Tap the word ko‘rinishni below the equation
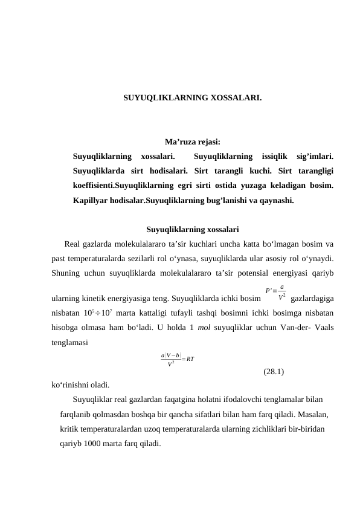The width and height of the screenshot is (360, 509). [x=71, y=384]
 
